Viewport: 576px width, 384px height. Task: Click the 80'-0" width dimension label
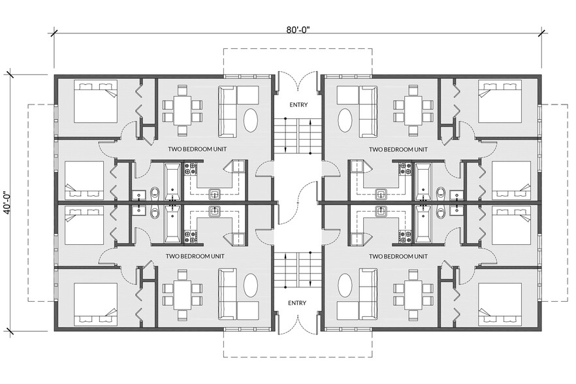click(x=298, y=29)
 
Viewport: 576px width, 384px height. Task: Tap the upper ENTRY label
click(x=298, y=104)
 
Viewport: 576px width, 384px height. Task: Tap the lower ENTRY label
click(x=297, y=303)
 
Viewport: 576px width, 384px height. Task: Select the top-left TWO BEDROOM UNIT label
click(x=197, y=149)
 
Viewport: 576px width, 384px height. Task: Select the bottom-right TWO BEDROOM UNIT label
click(x=398, y=256)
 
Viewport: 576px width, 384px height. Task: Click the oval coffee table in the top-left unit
click(x=251, y=121)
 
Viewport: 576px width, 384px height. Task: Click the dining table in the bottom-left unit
click(x=182, y=295)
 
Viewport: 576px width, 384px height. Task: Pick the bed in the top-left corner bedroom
click(x=95, y=101)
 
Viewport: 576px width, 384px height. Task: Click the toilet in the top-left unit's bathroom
click(x=155, y=193)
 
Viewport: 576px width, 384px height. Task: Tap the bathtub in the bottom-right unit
click(x=423, y=225)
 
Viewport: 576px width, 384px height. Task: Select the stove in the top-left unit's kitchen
click(x=190, y=168)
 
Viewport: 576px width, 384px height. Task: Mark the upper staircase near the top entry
click(x=298, y=136)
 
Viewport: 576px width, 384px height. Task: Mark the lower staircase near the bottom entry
click(x=298, y=269)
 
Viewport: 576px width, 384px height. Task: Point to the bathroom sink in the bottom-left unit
click(x=139, y=210)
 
